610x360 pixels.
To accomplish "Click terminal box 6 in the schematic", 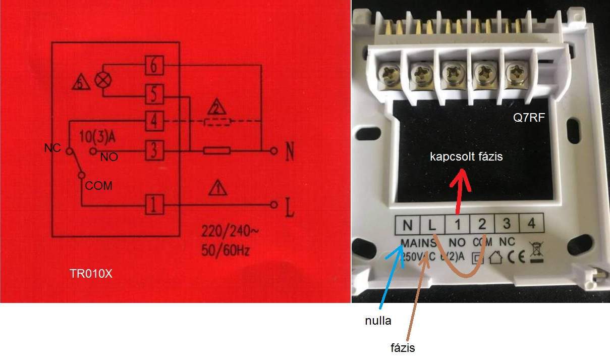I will [153, 65].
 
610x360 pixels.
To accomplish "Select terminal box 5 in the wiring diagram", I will [153, 93].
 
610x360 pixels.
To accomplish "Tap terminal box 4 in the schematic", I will [153, 121].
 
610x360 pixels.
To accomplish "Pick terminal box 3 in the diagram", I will [153, 150].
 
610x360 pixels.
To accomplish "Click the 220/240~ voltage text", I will [230, 233].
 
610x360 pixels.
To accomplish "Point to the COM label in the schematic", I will [99, 186].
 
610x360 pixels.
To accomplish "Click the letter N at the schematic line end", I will [290, 152].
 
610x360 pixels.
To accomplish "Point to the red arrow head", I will [460, 179].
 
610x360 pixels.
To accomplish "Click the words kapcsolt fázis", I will [466, 157].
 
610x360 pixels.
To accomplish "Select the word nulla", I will [378, 320].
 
